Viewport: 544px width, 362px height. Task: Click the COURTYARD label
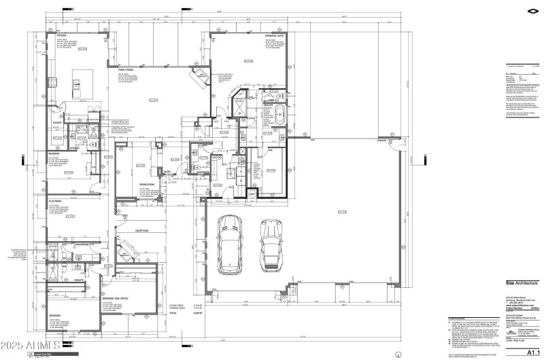pos(141,231)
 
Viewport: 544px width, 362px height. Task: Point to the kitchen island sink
pos(77,86)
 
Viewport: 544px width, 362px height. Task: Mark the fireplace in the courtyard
pos(126,251)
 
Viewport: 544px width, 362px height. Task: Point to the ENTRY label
pos(167,173)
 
